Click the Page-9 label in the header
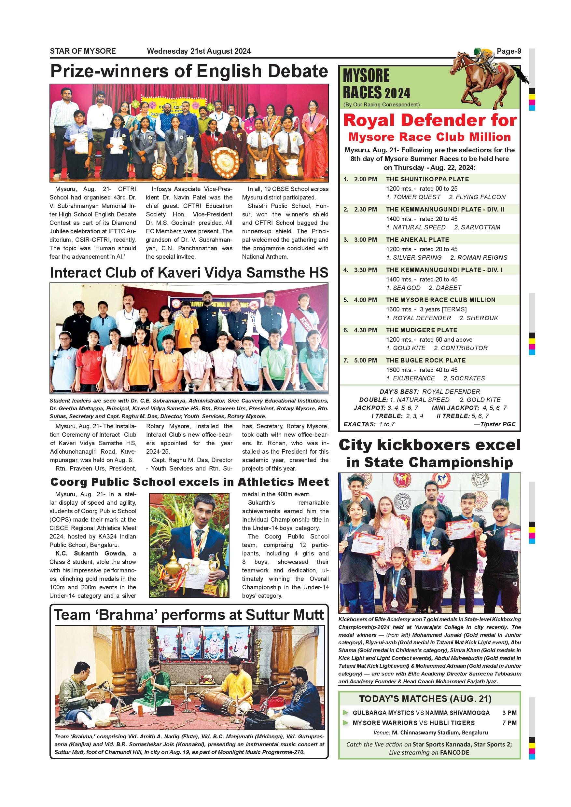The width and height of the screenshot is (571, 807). [508, 51]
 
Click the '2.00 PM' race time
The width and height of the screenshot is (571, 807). [365, 179]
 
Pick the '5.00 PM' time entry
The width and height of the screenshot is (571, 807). [365, 361]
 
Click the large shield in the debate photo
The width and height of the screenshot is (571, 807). [225, 162]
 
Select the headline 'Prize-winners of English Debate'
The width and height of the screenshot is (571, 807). [189, 71]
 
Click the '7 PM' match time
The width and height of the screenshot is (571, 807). [509, 723]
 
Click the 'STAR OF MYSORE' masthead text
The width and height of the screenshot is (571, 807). [83, 51]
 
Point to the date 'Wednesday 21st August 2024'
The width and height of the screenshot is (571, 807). [199, 51]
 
